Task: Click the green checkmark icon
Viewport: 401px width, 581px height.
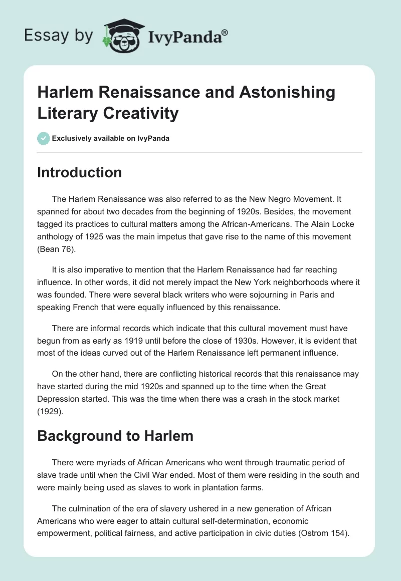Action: click(44, 138)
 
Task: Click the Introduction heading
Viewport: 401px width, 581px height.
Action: click(79, 172)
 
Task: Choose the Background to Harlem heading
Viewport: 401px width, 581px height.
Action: click(115, 436)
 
